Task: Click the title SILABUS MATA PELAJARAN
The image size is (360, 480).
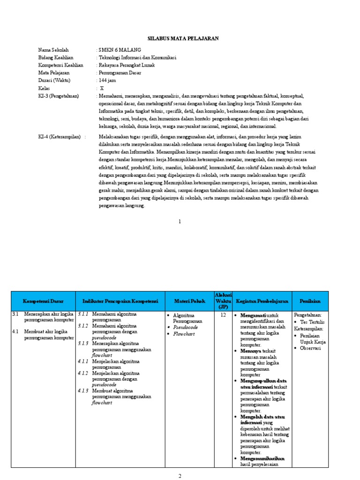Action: coord(180,38)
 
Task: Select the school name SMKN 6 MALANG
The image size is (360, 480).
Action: coord(115,50)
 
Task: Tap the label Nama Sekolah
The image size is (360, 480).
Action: coord(53,50)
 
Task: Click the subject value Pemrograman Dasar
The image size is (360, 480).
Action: coord(120,73)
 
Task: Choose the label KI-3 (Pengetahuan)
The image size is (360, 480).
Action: coord(59,96)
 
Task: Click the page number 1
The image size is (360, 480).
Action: coord(180,221)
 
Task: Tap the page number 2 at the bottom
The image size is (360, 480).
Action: coord(180,476)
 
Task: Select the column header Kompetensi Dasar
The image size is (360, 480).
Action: coord(43,301)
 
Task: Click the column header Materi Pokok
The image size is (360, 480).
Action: coord(187,301)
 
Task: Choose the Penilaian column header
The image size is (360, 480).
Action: coord(310,301)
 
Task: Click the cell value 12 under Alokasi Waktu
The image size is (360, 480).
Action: coord(223,315)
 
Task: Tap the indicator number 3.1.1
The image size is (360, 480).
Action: coord(83,314)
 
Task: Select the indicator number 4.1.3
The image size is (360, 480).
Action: coord(83,390)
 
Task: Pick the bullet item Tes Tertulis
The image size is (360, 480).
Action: coord(313,322)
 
